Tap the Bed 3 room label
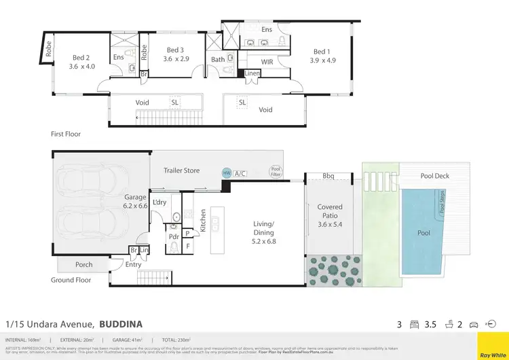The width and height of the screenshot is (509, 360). tap(174, 50)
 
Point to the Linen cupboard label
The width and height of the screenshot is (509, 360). tap(252, 73)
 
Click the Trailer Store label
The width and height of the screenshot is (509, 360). tap(183, 170)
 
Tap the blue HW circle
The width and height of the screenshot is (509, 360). tap(226, 173)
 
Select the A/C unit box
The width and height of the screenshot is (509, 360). tap(240, 174)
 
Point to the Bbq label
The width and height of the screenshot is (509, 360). tap(330, 176)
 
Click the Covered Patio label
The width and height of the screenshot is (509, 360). tap(330, 211)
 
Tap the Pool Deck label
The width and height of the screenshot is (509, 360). tap(436, 176)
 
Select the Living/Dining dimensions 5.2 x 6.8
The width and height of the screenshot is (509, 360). tap(263, 240)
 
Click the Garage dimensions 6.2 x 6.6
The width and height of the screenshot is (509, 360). tap(135, 206)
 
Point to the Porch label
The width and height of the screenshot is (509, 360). tap(83, 264)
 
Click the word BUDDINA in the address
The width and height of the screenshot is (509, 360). tap(121, 324)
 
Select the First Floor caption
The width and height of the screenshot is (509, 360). tap(66, 134)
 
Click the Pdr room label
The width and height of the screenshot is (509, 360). tap(173, 236)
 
